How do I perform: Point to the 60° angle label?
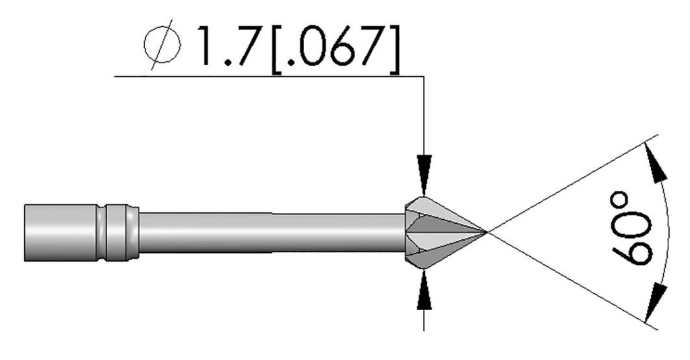(x=632, y=229)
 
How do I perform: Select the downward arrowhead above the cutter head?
(x=423, y=177)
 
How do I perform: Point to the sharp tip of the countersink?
(x=485, y=232)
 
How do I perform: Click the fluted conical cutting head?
(x=438, y=232)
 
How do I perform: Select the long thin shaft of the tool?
(x=270, y=232)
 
